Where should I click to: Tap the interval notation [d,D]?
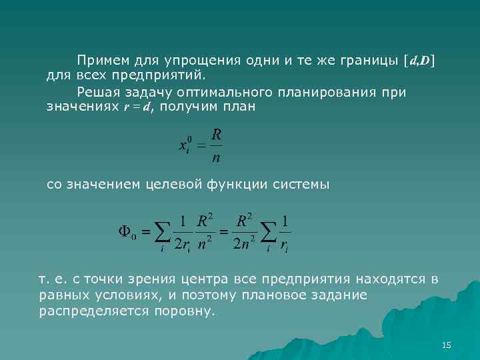[419, 61]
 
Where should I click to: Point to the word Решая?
[97, 92]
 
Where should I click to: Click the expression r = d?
[138, 107]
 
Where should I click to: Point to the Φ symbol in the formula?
[125, 231]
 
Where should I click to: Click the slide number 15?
[447, 345]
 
